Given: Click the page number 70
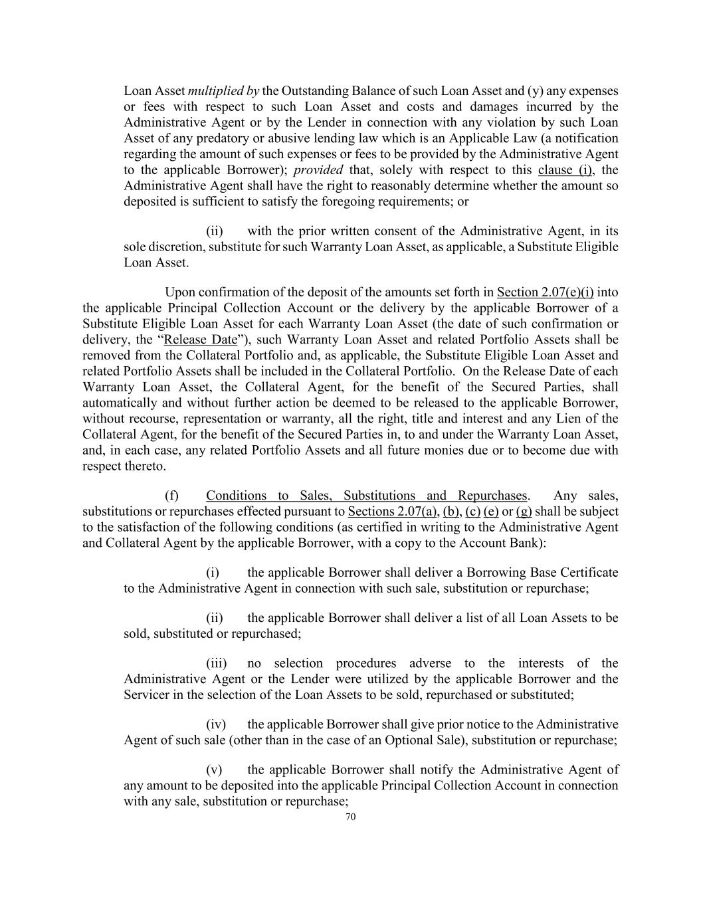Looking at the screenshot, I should point(351,817).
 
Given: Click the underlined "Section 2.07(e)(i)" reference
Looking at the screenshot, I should point(545,292).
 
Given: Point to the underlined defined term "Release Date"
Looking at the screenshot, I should point(200,340).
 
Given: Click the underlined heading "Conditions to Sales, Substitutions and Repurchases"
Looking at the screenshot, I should point(365,496).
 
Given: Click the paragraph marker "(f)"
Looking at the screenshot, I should point(171,496).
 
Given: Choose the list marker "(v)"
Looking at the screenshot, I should point(214,770).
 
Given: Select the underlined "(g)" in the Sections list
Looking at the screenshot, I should point(524,512).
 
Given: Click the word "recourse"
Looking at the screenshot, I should point(155,419).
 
